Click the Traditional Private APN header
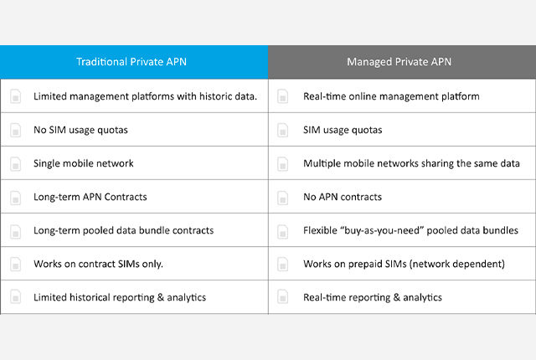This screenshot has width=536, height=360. tap(131, 62)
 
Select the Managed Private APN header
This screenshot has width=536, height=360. tap(399, 62)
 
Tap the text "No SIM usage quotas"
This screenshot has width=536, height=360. tap(80, 130)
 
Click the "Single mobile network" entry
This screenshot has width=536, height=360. tap(84, 163)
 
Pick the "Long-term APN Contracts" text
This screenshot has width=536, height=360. tap(90, 197)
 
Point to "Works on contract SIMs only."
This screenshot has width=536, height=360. tap(98, 264)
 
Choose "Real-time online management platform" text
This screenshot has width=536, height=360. tap(391, 96)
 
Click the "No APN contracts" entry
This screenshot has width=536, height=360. tap(343, 197)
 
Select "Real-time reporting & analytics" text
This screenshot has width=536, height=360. tap(373, 297)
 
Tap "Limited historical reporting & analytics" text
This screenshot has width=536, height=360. tap(120, 297)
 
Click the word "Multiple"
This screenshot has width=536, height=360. tap(322, 163)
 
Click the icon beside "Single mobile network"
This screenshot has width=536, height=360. tap(15, 163)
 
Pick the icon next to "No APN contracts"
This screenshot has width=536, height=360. tap(283, 198)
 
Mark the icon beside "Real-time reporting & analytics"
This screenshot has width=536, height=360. tap(283, 296)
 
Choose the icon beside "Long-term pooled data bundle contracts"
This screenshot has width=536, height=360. tap(15, 231)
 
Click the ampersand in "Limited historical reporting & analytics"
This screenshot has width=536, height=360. tap(161, 297)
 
